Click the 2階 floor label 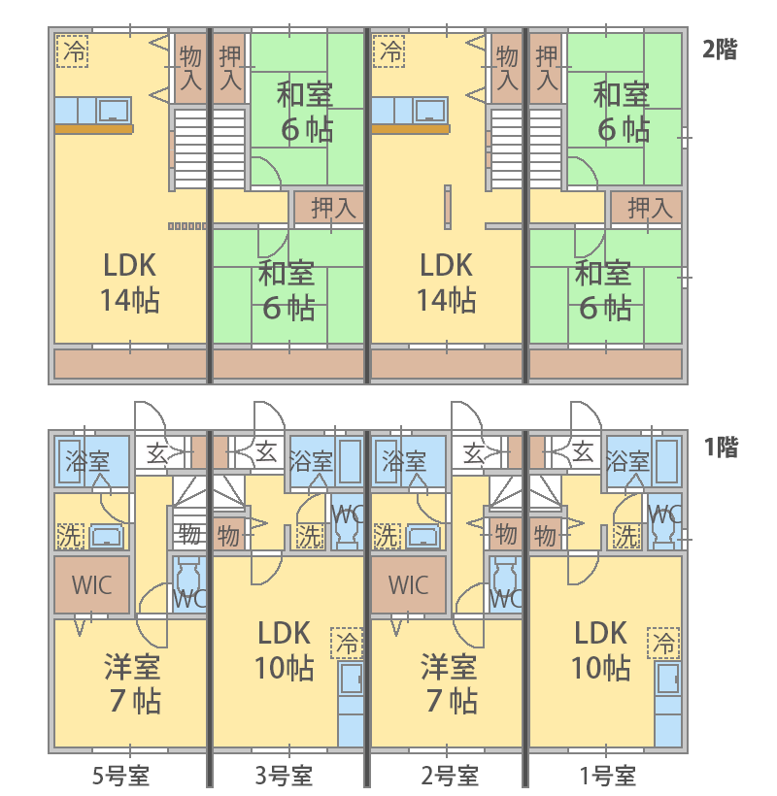(720, 50)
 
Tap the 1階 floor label (720, 448)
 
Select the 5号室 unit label (120, 776)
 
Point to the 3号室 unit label (284, 776)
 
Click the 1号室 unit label (606, 776)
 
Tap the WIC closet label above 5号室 (90, 585)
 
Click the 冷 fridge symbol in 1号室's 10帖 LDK (665, 642)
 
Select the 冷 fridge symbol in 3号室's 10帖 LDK (347, 642)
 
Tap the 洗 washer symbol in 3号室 (310, 534)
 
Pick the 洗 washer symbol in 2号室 (387, 534)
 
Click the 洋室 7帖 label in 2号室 (448, 683)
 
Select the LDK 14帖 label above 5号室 (129, 282)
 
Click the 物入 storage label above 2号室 (506, 68)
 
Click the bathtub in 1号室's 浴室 (665, 460)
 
